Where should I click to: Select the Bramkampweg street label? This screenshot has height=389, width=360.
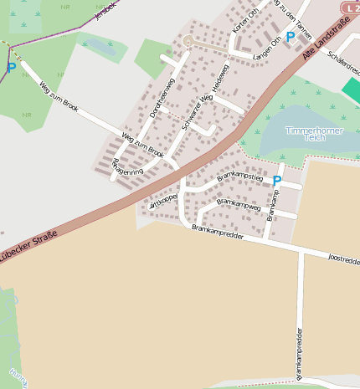click(239, 202)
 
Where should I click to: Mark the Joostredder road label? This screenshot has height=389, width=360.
click(344, 260)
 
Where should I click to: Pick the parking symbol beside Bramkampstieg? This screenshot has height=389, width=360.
click(277, 180)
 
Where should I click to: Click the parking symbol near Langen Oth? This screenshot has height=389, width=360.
click(291, 37)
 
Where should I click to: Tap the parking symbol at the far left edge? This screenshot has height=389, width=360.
click(11, 67)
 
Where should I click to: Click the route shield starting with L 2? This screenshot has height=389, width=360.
click(349, 7)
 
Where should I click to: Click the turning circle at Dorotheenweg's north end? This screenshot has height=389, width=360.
click(188, 41)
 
